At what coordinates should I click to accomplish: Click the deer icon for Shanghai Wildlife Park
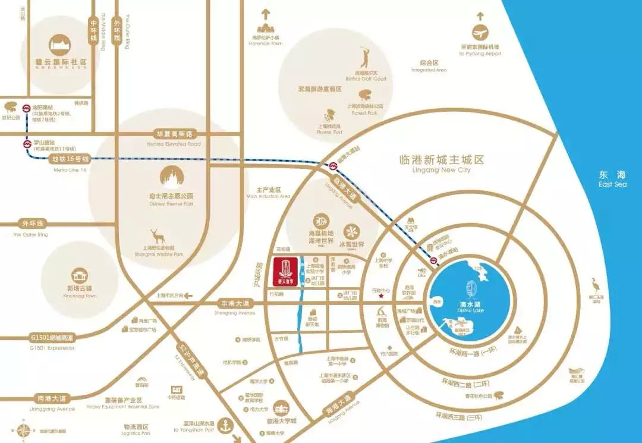tap(158, 236)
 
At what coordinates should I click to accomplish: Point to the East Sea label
tap(613, 178)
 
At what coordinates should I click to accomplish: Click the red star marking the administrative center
tap(381, 296)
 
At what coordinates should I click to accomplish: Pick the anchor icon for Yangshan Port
tap(225, 426)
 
